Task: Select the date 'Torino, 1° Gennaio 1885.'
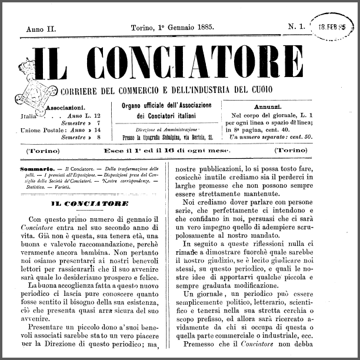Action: [172, 27]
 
